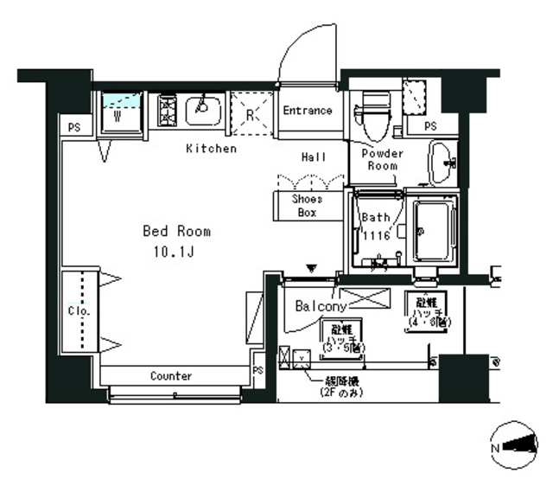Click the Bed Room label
(x=176, y=232)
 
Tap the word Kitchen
(x=211, y=149)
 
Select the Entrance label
(x=308, y=111)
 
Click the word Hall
(x=314, y=157)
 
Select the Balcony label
(x=321, y=306)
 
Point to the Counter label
(x=171, y=376)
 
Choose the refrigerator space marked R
(x=250, y=113)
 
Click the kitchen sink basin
(x=203, y=109)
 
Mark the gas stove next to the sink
(x=167, y=111)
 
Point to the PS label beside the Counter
(x=257, y=370)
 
